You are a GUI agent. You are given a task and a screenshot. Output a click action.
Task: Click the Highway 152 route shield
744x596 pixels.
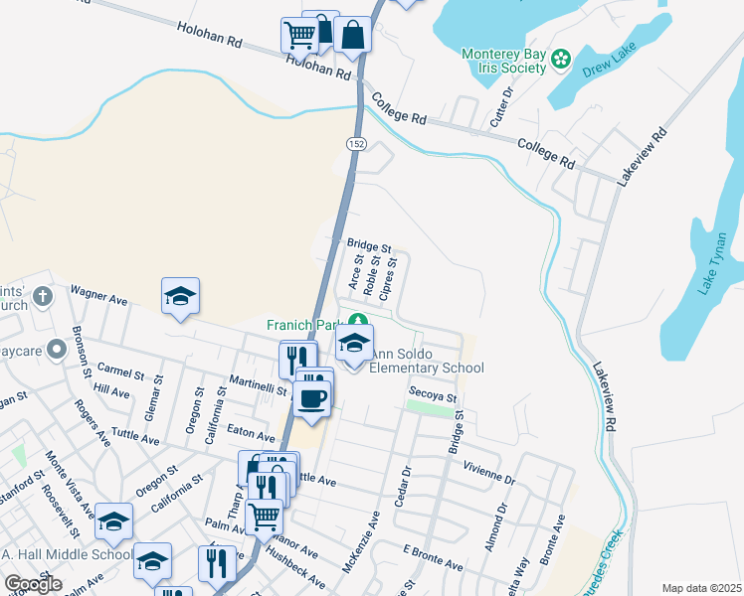[355, 145]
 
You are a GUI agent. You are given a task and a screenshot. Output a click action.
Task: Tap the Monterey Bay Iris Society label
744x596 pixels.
[504, 61]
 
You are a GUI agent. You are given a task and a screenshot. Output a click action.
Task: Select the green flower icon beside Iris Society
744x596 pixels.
[561, 59]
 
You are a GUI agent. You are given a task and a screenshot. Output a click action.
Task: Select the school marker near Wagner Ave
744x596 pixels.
[180, 296]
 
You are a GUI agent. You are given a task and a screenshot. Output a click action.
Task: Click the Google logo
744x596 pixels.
[33, 583]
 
